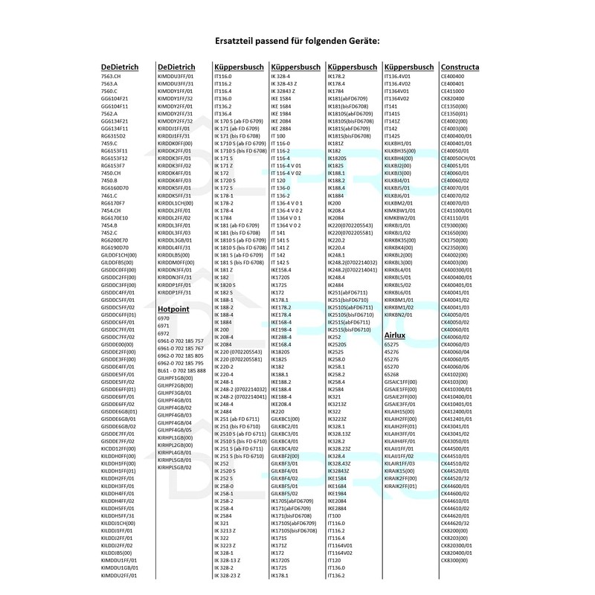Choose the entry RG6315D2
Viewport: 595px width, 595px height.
114,136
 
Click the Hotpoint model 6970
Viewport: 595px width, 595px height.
164,318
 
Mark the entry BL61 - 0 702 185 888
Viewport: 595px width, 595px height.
181,370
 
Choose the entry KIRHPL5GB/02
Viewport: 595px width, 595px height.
176,467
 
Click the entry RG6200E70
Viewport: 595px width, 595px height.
115,240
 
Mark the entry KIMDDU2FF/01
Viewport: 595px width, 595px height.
119,575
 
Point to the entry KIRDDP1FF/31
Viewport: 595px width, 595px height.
176,292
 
